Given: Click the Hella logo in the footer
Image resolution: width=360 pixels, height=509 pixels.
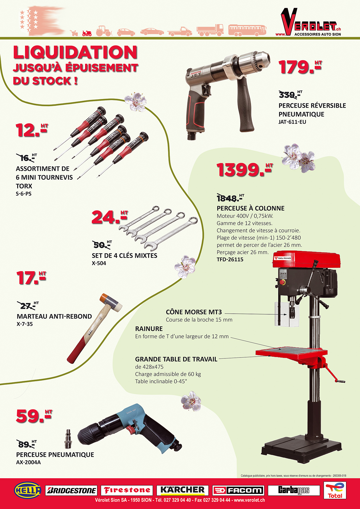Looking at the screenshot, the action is point(28,490).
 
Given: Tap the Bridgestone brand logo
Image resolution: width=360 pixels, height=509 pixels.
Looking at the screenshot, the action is point(71,490).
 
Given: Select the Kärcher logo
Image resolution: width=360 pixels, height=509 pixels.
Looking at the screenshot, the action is point(183,490).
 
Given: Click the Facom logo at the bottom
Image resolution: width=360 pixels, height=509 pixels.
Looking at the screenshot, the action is point(238,490).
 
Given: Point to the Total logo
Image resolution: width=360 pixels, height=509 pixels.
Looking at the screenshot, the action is point(335,490).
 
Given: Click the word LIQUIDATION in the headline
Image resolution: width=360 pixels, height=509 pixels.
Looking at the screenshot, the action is point(75,53).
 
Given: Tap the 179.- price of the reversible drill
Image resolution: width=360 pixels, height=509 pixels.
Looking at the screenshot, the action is point(300,67).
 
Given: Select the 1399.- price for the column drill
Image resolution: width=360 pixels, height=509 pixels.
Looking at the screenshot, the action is point(245,169).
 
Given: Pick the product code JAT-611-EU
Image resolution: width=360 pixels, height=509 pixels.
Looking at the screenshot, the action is point(292,122).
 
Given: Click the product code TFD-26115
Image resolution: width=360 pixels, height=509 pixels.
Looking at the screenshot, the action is point(230,259).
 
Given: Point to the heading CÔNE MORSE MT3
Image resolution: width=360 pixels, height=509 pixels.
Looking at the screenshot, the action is point(194,312).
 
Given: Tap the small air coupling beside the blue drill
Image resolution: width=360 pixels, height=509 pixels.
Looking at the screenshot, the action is point(68,438).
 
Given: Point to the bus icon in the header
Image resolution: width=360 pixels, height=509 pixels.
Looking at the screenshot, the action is point(247,30).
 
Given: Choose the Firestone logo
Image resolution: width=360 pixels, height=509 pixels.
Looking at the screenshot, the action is point(127,490).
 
